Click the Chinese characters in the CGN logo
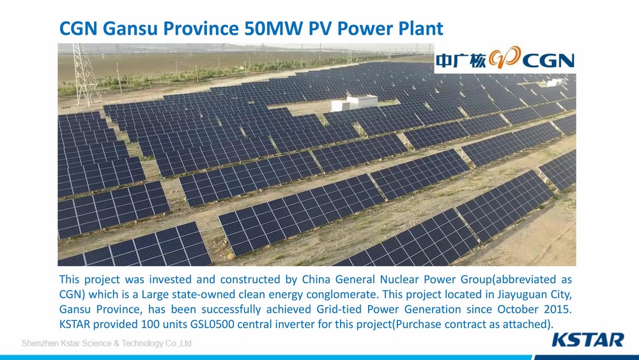[461, 61]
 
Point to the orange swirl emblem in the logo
[505, 58]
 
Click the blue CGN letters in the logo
[548, 61]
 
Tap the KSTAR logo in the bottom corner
[588, 340]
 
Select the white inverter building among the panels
[354, 102]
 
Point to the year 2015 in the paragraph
[558, 309]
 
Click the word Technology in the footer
[142, 343]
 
